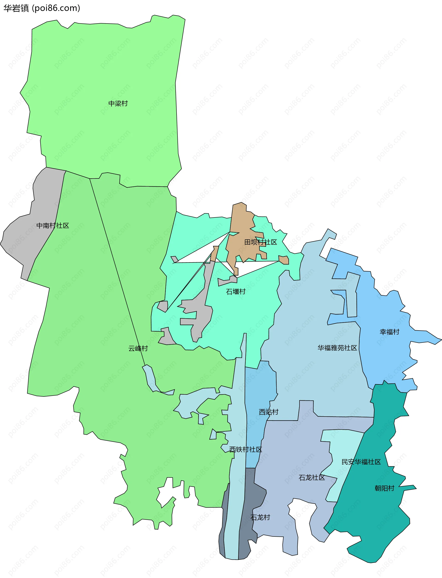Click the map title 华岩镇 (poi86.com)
click(x=42, y=8)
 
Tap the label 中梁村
click(x=118, y=104)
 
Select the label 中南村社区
click(x=53, y=226)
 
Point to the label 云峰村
click(x=138, y=349)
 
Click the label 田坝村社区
click(x=260, y=242)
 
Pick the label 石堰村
click(x=236, y=292)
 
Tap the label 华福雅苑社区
click(x=337, y=348)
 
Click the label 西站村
click(x=268, y=412)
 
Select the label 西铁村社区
click(x=245, y=449)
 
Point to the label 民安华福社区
click(x=361, y=462)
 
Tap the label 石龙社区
click(x=311, y=478)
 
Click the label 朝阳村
click(x=384, y=488)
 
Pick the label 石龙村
click(x=260, y=517)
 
